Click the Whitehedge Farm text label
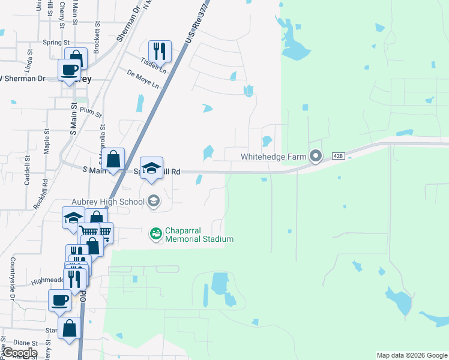(274, 157)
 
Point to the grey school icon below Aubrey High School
(154, 201)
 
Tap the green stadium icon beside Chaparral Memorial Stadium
(155, 233)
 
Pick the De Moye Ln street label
(143, 78)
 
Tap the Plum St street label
(91, 111)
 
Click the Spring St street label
(56, 43)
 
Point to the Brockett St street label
(96, 36)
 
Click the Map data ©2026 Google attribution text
(411, 355)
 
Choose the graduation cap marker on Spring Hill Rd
(152, 169)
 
